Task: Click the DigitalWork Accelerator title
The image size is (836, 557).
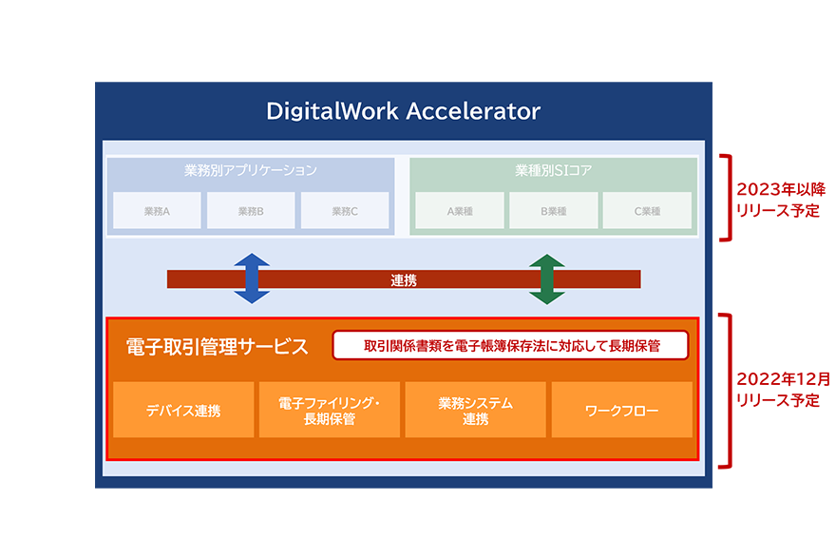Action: click(403, 111)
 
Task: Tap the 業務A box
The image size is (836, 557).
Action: click(157, 211)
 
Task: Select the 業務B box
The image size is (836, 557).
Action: click(251, 211)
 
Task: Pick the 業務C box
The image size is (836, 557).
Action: click(345, 211)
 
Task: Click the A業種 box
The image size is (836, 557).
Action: click(460, 211)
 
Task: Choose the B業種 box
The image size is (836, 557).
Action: click(553, 211)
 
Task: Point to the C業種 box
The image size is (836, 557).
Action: click(646, 211)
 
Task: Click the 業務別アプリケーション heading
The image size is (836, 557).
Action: click(251, 171)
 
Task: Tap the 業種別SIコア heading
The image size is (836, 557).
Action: click(553, 171)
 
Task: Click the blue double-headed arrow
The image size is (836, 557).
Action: click(252, 278)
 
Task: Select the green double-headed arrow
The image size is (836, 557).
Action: click(547, 278)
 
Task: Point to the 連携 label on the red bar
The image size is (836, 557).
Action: click(404, 280)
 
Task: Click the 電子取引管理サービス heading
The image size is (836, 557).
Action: click(218, 346)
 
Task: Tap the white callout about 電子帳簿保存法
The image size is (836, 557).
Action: click(510, 345)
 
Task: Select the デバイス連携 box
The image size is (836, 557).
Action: click(183, 411)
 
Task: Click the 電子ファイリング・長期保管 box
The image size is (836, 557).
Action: click(330, 411)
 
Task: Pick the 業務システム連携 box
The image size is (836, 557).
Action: click(475, 411)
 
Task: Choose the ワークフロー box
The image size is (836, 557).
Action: click(622, 411)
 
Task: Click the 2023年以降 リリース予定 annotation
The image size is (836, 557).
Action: click(774, 198)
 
